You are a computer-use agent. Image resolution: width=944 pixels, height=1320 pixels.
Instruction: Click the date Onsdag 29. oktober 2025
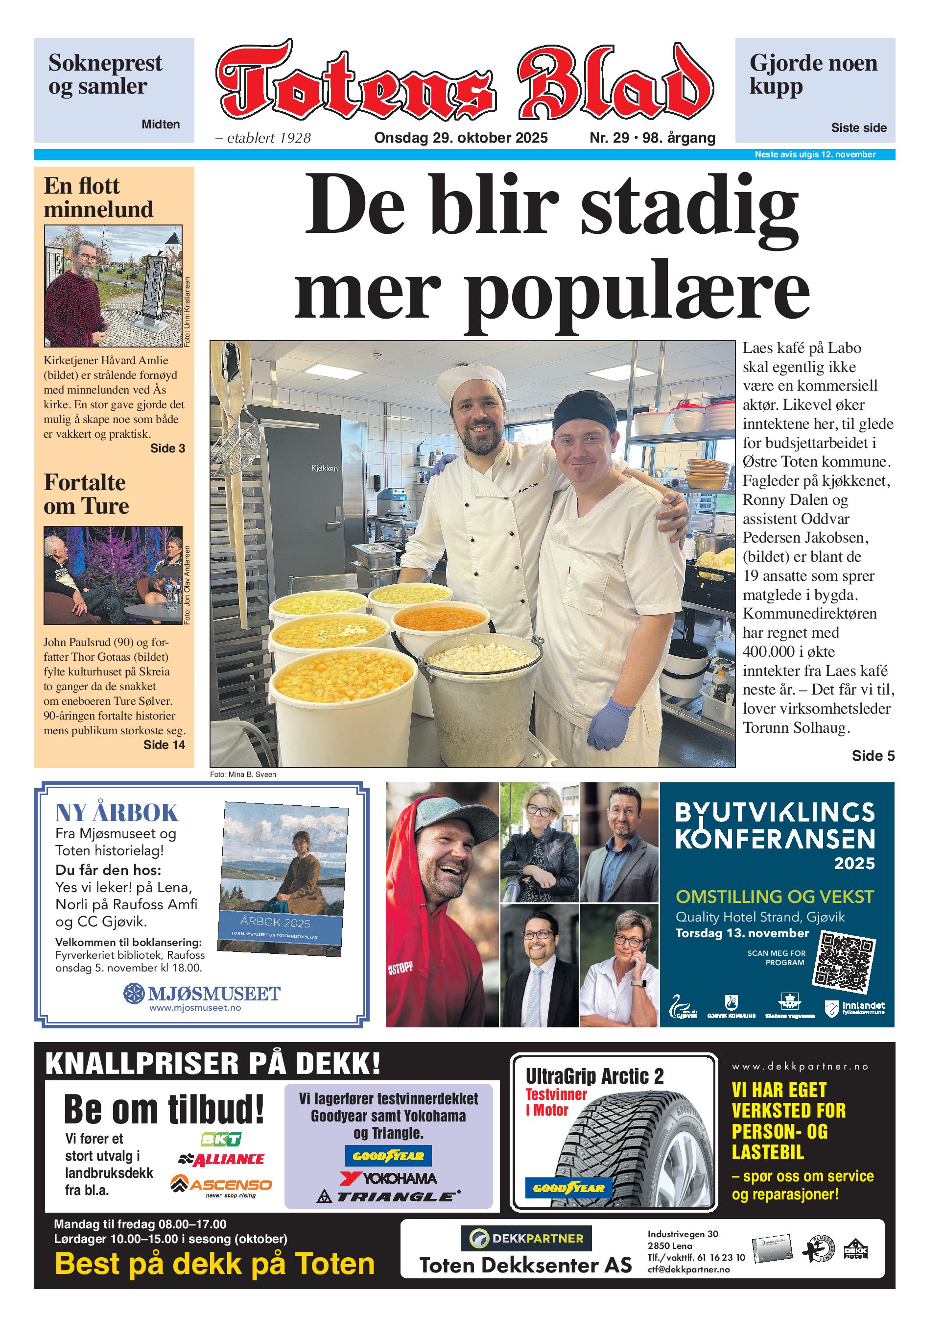click(x=460, y=138)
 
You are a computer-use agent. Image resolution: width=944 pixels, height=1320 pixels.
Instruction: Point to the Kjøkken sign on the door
click(x=324, y=468)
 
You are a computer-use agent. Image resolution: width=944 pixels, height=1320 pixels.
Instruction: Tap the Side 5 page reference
click(x=873, y=756)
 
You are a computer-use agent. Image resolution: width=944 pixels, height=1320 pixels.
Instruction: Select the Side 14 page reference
click(x=164, y=745)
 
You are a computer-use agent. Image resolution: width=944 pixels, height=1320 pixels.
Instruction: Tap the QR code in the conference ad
click(x=845, y=963)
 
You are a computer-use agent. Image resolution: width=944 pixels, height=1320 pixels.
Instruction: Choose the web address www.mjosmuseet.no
click(x=195, y=1008)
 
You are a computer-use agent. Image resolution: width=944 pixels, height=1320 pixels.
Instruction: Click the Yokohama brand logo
click(x=388, y=1178)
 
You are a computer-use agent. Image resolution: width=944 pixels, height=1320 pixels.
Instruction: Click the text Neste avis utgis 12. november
click(x=814, y=155)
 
